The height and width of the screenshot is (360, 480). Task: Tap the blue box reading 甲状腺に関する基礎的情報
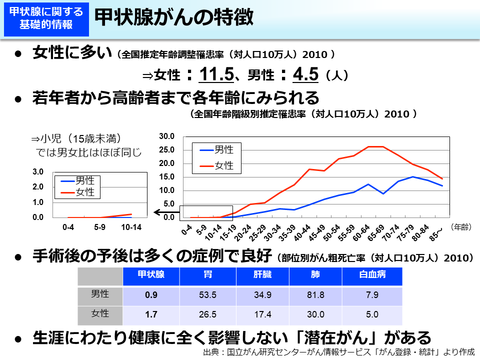pyautogui.click(x=46, y=18)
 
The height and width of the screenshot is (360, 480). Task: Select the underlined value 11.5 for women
pyautogui.click(x=216, y=74)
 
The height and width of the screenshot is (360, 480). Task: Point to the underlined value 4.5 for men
pyautogui.click(x=305, y=74)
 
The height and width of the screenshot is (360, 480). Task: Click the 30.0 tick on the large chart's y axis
pyautogui.click(x=166, y=136)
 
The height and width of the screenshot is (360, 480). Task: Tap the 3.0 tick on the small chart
pyautogui.click(x=38, y=172)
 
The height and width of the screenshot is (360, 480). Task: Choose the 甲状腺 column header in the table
pyautogui.click(x=151, y=275)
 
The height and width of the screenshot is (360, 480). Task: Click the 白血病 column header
pyautogui.click(x=372, y=275)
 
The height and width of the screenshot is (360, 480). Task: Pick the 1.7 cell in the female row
pyautogui.click(x=151, y=314)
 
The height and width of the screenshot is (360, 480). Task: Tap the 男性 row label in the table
pyautogui.click(x=100, y=294)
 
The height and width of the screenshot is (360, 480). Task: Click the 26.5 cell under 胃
pyautogui.click(x=207, y=314)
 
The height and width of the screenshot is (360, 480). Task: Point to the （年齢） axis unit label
pyautogui.click(x=460, y=227)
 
